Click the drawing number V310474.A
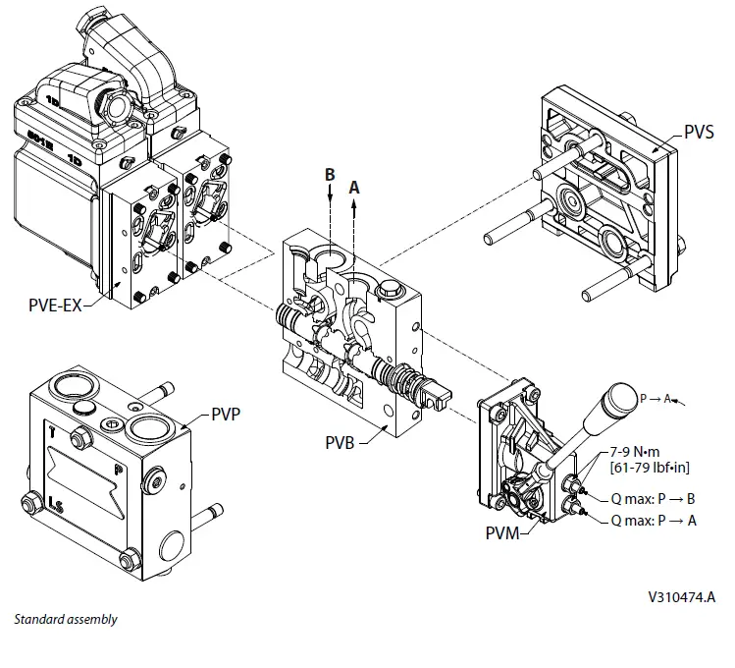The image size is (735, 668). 680,596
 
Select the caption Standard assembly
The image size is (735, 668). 65,620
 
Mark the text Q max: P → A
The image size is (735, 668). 653,521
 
